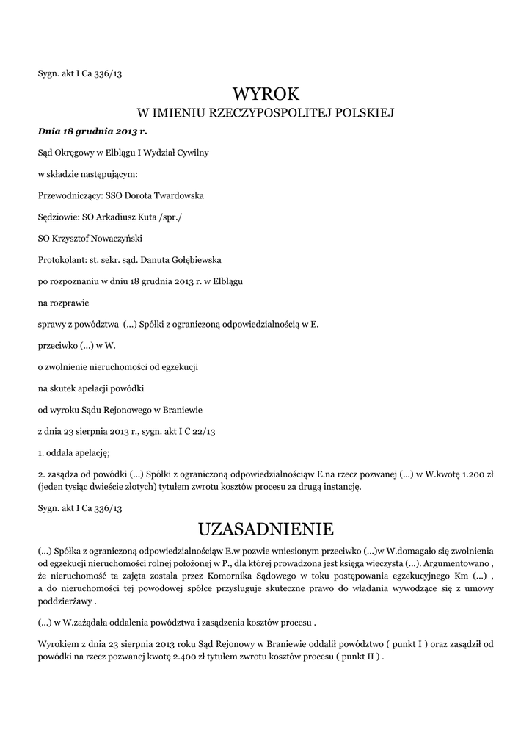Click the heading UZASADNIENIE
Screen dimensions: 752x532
tap(266, 529)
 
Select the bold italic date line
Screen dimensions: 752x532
tap(92, 131)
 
